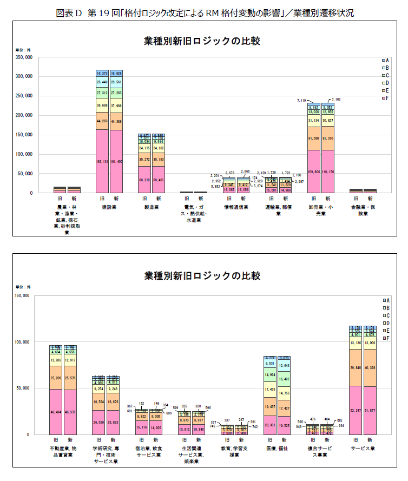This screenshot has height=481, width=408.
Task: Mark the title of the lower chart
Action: click(202, 276)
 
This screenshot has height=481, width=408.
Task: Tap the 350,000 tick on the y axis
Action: click(24, 57)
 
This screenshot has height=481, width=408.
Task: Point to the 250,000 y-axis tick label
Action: click(24, 96)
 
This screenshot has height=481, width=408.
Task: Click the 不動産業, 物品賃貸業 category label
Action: click(63, 452)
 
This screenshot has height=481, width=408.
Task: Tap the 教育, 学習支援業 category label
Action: click(233, 452)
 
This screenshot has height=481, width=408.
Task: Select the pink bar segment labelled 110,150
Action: click(327, 172)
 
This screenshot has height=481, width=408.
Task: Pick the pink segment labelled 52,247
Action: click(356, 410)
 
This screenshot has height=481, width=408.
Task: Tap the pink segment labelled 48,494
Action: click(56, 412)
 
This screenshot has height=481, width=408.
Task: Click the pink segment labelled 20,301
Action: click(270, 425)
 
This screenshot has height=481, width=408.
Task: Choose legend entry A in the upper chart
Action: click(385, 60)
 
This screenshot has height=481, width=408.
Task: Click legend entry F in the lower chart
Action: click(385, 338)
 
